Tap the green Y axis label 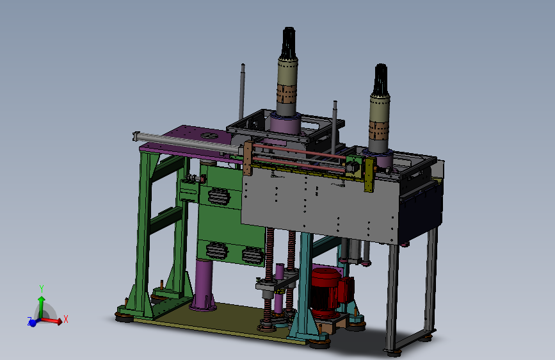[42, 288]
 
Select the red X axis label [65, 319]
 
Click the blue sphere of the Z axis [33, 323]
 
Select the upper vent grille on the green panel [219, 196]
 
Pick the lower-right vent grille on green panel [252, 255]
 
